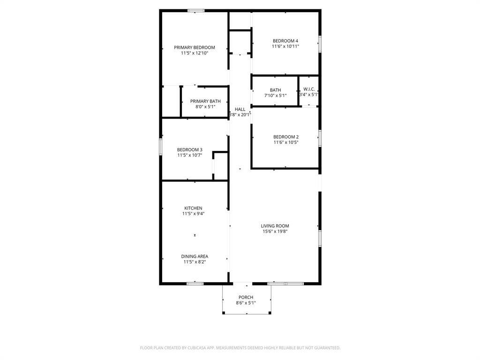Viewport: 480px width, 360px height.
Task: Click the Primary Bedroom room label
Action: tap(195, 47)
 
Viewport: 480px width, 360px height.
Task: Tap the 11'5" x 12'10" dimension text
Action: tap(195, 53)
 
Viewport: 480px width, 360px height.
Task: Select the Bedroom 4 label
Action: tap(285, 41)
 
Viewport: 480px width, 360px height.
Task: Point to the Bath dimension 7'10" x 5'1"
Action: tap(275, 96)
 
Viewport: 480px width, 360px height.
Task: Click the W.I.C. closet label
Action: tap(309, 89)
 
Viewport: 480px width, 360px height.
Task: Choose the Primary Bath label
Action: tap(205, 101)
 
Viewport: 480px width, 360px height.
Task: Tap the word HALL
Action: tap(240, 109)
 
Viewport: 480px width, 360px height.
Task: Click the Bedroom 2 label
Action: tap(286, 137)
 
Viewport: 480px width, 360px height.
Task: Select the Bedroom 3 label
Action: tap(190, 150)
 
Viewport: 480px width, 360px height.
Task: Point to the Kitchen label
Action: tap(193, 208)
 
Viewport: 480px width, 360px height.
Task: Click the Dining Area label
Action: tap(195, 256)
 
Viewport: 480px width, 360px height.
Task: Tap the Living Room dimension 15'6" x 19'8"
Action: tap(275, 231)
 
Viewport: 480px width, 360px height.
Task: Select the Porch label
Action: tap(246, 297)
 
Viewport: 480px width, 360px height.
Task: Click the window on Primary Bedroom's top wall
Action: tap(196, 10)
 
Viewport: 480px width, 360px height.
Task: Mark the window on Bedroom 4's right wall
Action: tap(320, 44)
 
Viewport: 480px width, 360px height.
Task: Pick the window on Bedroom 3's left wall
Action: tap(161, 146)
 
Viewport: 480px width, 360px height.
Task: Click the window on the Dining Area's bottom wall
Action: tap(195, 283)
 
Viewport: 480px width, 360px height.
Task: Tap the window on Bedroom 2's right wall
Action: tap(320, 138)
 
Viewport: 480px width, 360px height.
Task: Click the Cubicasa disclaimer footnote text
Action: tap(240, 348)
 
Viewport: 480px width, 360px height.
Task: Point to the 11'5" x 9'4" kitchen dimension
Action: tap(193, 214)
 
